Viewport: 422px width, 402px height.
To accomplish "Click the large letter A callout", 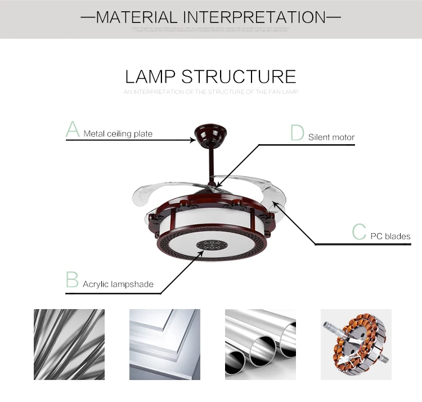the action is tap(73, 129).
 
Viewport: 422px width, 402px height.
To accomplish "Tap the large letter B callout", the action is tap(72, 280).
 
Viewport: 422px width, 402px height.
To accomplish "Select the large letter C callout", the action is tap(359, 232).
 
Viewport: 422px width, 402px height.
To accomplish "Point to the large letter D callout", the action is tap(297, 133).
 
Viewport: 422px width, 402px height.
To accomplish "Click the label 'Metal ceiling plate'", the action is tap(118, 134).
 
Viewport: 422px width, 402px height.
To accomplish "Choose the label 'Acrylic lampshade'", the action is tap(118, 284).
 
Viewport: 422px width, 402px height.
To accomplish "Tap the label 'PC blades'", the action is tap(390, 236).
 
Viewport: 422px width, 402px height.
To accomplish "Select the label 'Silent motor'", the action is tap(331, 137).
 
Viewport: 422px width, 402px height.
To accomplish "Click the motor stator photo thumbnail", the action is tap(356, 343).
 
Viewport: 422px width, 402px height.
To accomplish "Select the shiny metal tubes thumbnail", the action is tap(260, 343).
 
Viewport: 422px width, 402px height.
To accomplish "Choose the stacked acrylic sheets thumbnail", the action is tap(164, 343).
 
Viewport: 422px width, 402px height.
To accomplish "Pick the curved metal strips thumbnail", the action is tap(69, 343).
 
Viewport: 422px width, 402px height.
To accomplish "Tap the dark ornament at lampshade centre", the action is tap(211, 245).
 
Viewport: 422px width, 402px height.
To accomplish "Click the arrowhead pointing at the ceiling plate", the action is tap(194, 140).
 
